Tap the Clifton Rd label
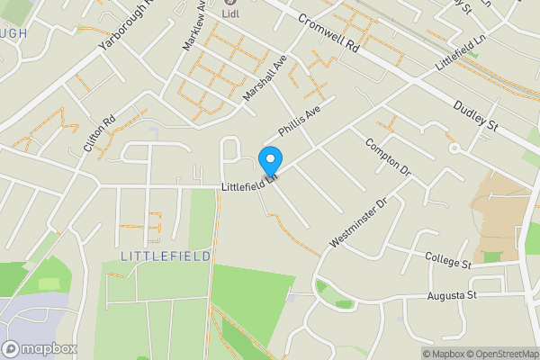pos(100,135)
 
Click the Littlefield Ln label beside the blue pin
pos(247,184)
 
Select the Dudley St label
pos(476,115)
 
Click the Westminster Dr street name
pos(357,221)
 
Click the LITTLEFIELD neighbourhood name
pos(166,256)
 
